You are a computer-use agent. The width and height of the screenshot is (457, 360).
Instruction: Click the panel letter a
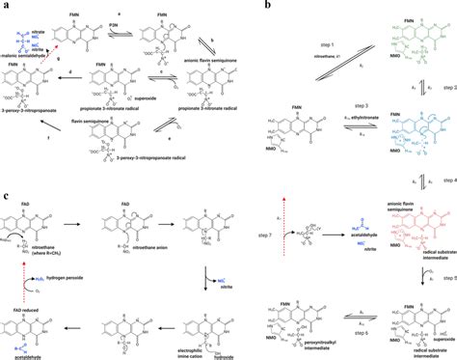pyautogui.click(x=6, y=6)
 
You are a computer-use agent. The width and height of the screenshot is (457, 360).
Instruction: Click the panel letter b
pyautogui.click(x=254, y=6)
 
